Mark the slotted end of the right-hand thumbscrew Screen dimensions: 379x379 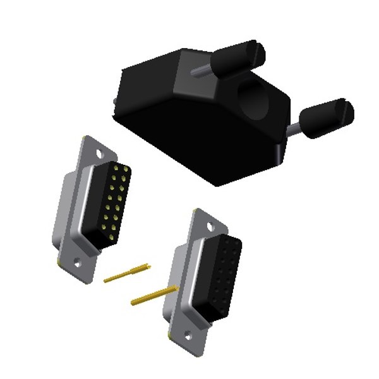pyautogui.click(x=347, y=108)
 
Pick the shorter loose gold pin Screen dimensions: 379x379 pyautogui.click(x=127, y=273)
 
